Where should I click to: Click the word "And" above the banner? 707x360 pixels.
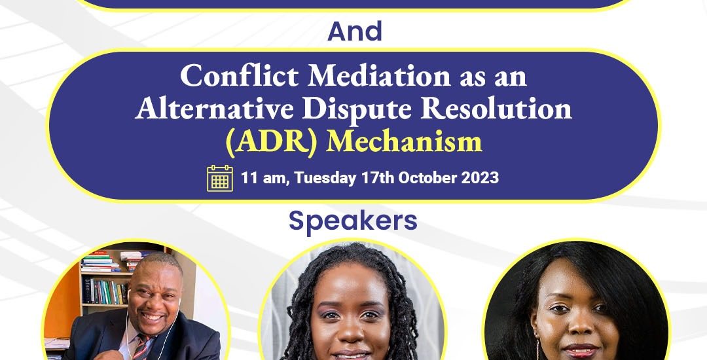coord(355,31)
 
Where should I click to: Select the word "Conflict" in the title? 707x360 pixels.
coord(239,76)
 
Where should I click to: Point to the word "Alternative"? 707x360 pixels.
coord(215,109)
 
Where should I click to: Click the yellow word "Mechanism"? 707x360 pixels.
coord(404,142)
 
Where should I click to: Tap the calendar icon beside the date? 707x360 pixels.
coord(220,179)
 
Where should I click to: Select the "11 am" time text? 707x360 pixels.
coord(263,178)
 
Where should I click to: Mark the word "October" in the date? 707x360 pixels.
coord(427,177)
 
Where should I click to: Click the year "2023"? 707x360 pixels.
coord(480,177)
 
